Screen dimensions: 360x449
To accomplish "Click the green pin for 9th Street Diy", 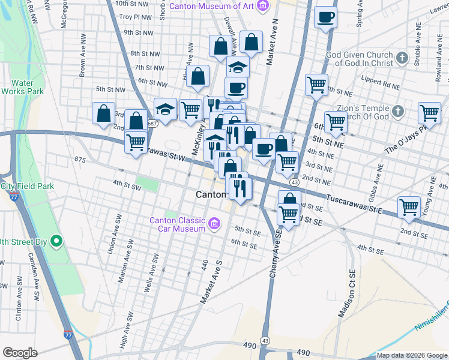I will coord(57,242).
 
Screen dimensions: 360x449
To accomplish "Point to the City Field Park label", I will coord(26,187).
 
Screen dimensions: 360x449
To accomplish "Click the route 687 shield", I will coord(153,124).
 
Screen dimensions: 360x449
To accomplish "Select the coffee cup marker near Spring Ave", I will coord(325,17).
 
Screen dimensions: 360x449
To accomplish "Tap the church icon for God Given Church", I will coord(403,59).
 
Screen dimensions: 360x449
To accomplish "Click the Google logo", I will coord(20,353).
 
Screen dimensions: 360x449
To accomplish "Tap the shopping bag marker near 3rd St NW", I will coord(104,113).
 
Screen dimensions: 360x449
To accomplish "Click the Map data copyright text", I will coord(412,355).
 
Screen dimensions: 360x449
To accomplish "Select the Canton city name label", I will coord(211,195).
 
